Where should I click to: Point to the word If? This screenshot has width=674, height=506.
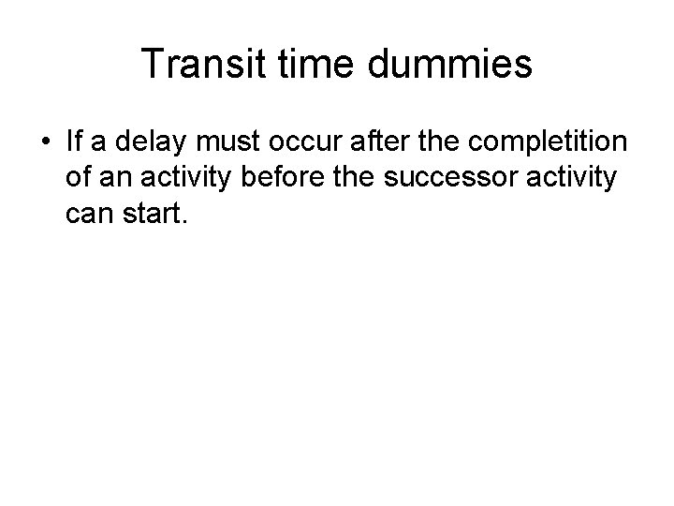point(75,143)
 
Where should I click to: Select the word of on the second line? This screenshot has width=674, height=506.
point(79,180)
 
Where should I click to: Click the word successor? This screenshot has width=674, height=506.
point(460,180)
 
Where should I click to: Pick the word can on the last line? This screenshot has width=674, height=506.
point(89,216)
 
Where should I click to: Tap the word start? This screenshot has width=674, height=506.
point(154,216)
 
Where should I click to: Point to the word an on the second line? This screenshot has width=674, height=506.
point(117,180)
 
